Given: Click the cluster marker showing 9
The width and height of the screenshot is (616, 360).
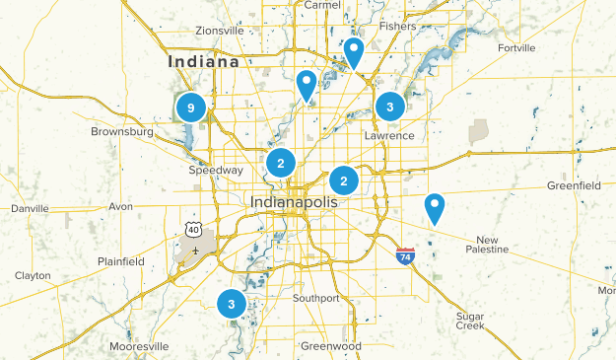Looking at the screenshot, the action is click(x=191, y=107).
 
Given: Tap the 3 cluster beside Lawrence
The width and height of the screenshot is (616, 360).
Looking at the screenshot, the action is click(x=390, y=107).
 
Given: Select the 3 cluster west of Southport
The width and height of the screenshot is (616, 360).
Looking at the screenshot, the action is click(x=232, y=304).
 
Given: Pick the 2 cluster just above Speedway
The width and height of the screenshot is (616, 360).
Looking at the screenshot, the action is click(x=281, y=163).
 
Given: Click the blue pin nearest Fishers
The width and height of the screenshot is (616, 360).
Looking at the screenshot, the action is click(x=353, y=52).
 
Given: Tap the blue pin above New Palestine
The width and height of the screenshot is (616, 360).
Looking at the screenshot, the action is click(x=434, y=208).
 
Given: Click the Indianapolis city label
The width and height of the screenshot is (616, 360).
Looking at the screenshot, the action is click(x=294, y=201).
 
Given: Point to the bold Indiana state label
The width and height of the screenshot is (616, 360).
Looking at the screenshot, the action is click(x=204, y=61).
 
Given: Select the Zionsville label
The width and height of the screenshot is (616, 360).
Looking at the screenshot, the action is click(x=219, y=31).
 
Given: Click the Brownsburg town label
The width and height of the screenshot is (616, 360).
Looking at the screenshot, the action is click(x=122, y=131).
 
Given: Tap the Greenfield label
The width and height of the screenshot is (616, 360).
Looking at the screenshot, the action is click(x=574, y=185).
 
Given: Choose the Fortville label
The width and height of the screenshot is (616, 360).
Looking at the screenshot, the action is click(x=516, y=47).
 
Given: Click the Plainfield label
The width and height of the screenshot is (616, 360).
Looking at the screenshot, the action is click(x=120, y=261).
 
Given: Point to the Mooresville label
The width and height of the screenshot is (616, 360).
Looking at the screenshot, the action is click(x=138, y=347).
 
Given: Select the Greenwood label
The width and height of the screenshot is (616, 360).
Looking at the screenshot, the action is click(x=331, y=346).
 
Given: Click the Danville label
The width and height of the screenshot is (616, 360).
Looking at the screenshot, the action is click(x=29, y=209).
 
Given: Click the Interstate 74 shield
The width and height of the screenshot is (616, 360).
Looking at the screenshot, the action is click(x=405, y=255).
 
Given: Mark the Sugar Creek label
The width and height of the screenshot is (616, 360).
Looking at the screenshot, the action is click(x=469, y=321).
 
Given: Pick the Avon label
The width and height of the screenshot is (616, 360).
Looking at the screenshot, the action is click(x=120, y=207).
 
